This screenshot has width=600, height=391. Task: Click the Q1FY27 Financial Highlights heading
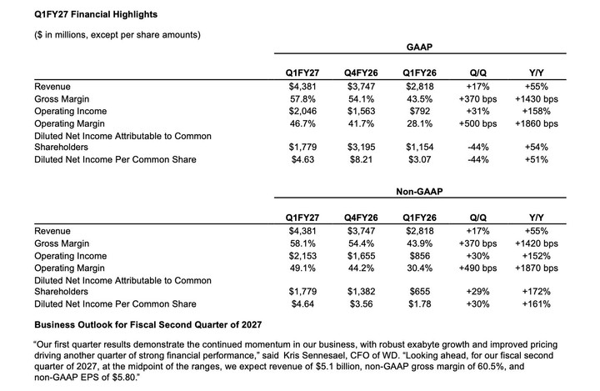point(96,14)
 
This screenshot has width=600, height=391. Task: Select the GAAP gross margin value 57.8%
point(302,99)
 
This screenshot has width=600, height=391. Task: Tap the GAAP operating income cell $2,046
point(302,112)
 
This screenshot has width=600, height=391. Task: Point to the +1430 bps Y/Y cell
point(537,99)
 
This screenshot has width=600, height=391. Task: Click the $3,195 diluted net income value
point(361,147)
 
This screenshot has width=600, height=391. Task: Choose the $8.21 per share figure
point(361,160)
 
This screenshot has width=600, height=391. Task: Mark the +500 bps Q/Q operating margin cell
point(478,123)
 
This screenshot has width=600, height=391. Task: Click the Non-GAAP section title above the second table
point(419,192)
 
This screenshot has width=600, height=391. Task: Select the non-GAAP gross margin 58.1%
point(302,243)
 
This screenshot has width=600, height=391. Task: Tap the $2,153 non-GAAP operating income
point(302,256)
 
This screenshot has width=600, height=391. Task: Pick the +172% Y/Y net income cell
point(537,292)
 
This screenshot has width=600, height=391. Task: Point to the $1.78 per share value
point(420,304)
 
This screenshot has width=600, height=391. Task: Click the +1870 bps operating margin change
point(537,268)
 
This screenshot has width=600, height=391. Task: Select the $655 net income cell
point(420,292)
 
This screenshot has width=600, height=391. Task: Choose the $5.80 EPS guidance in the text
point(124,378)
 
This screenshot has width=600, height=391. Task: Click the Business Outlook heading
point(148,325)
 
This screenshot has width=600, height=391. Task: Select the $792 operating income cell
point(420,112)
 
